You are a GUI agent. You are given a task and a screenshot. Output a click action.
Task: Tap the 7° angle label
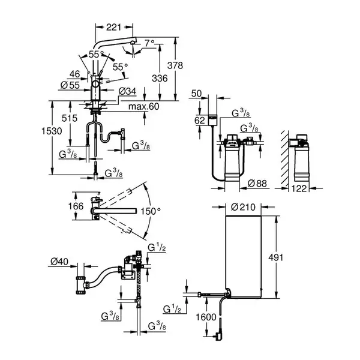pyautogui.click(x=149, y=43)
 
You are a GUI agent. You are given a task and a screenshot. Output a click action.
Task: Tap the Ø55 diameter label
pyautogui.click(x=71, y=85)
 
